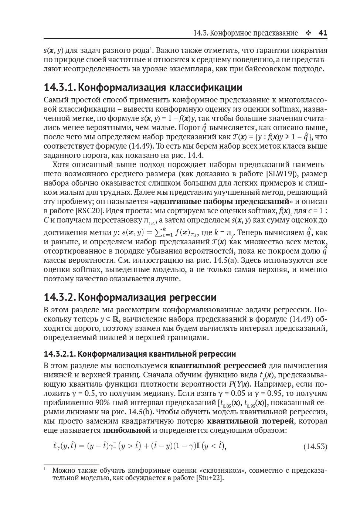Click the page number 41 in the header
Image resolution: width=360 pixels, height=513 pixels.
pos(323,33)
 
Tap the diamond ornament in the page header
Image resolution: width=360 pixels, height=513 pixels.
pos(308,33)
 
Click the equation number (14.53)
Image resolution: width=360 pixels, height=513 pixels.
pos(315,446)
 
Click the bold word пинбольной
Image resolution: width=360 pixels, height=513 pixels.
pos(127,430)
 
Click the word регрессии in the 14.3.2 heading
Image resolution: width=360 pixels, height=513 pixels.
pos(193,297)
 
